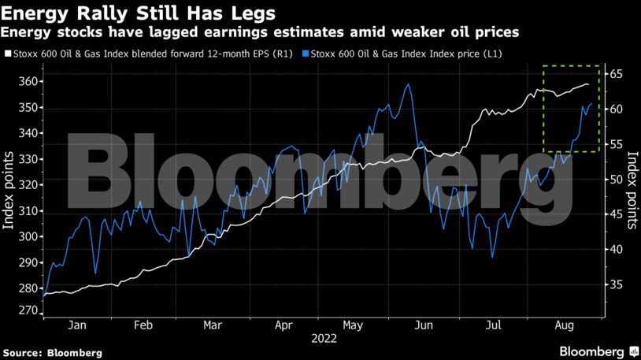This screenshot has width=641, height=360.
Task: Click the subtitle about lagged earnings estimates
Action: (259, 32)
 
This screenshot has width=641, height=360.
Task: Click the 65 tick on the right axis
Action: (615, 74)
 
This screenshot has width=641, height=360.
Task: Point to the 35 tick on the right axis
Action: (615, 285)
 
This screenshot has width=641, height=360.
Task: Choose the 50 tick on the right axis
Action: (615, 180)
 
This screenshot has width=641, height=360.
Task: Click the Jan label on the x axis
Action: (76, 324)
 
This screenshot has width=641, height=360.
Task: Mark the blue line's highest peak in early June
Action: (407, 84)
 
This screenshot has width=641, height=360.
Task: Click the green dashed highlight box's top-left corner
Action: (543, 65)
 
